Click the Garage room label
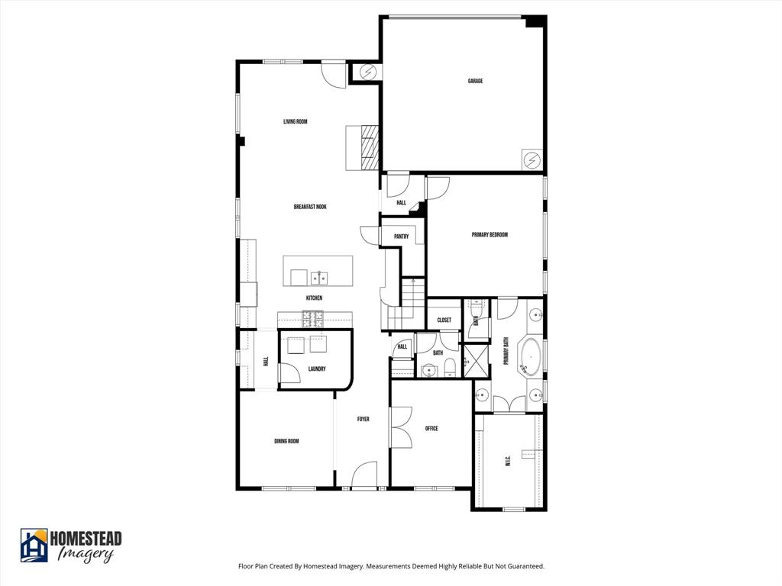pyautogui.click(x=475, y=81)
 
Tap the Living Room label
pyautogui.click(x=295, y=121)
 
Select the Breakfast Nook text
pyautogui.click(x=310, y=207)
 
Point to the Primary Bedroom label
pyautogui.click(x=490, y=235)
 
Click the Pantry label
pyautogui.click(x=401, y=237)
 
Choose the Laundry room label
pyautogui.click(x=317, y=369)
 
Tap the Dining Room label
pyautogui.click(x=286, y=441)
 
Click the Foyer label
pyautogui.click(x=364, y=419)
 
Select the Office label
pyautogui.click(x=431, y=429)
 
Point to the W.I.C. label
pyautogui.click(x=508, y=462)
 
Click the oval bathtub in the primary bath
pyautogui.click(x=530, y=356)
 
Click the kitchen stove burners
pyautogui.click(x=312, y=316)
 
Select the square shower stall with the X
pyautogui.click(x=477, y=361)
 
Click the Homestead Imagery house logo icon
pyautogui.click(x=34, y=546)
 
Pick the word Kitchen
pyautogui.click(x=314, y=298)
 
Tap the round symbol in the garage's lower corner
pyautogui.click(x=532, y=160)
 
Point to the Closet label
pyautogui.click(x=444, y=320)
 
